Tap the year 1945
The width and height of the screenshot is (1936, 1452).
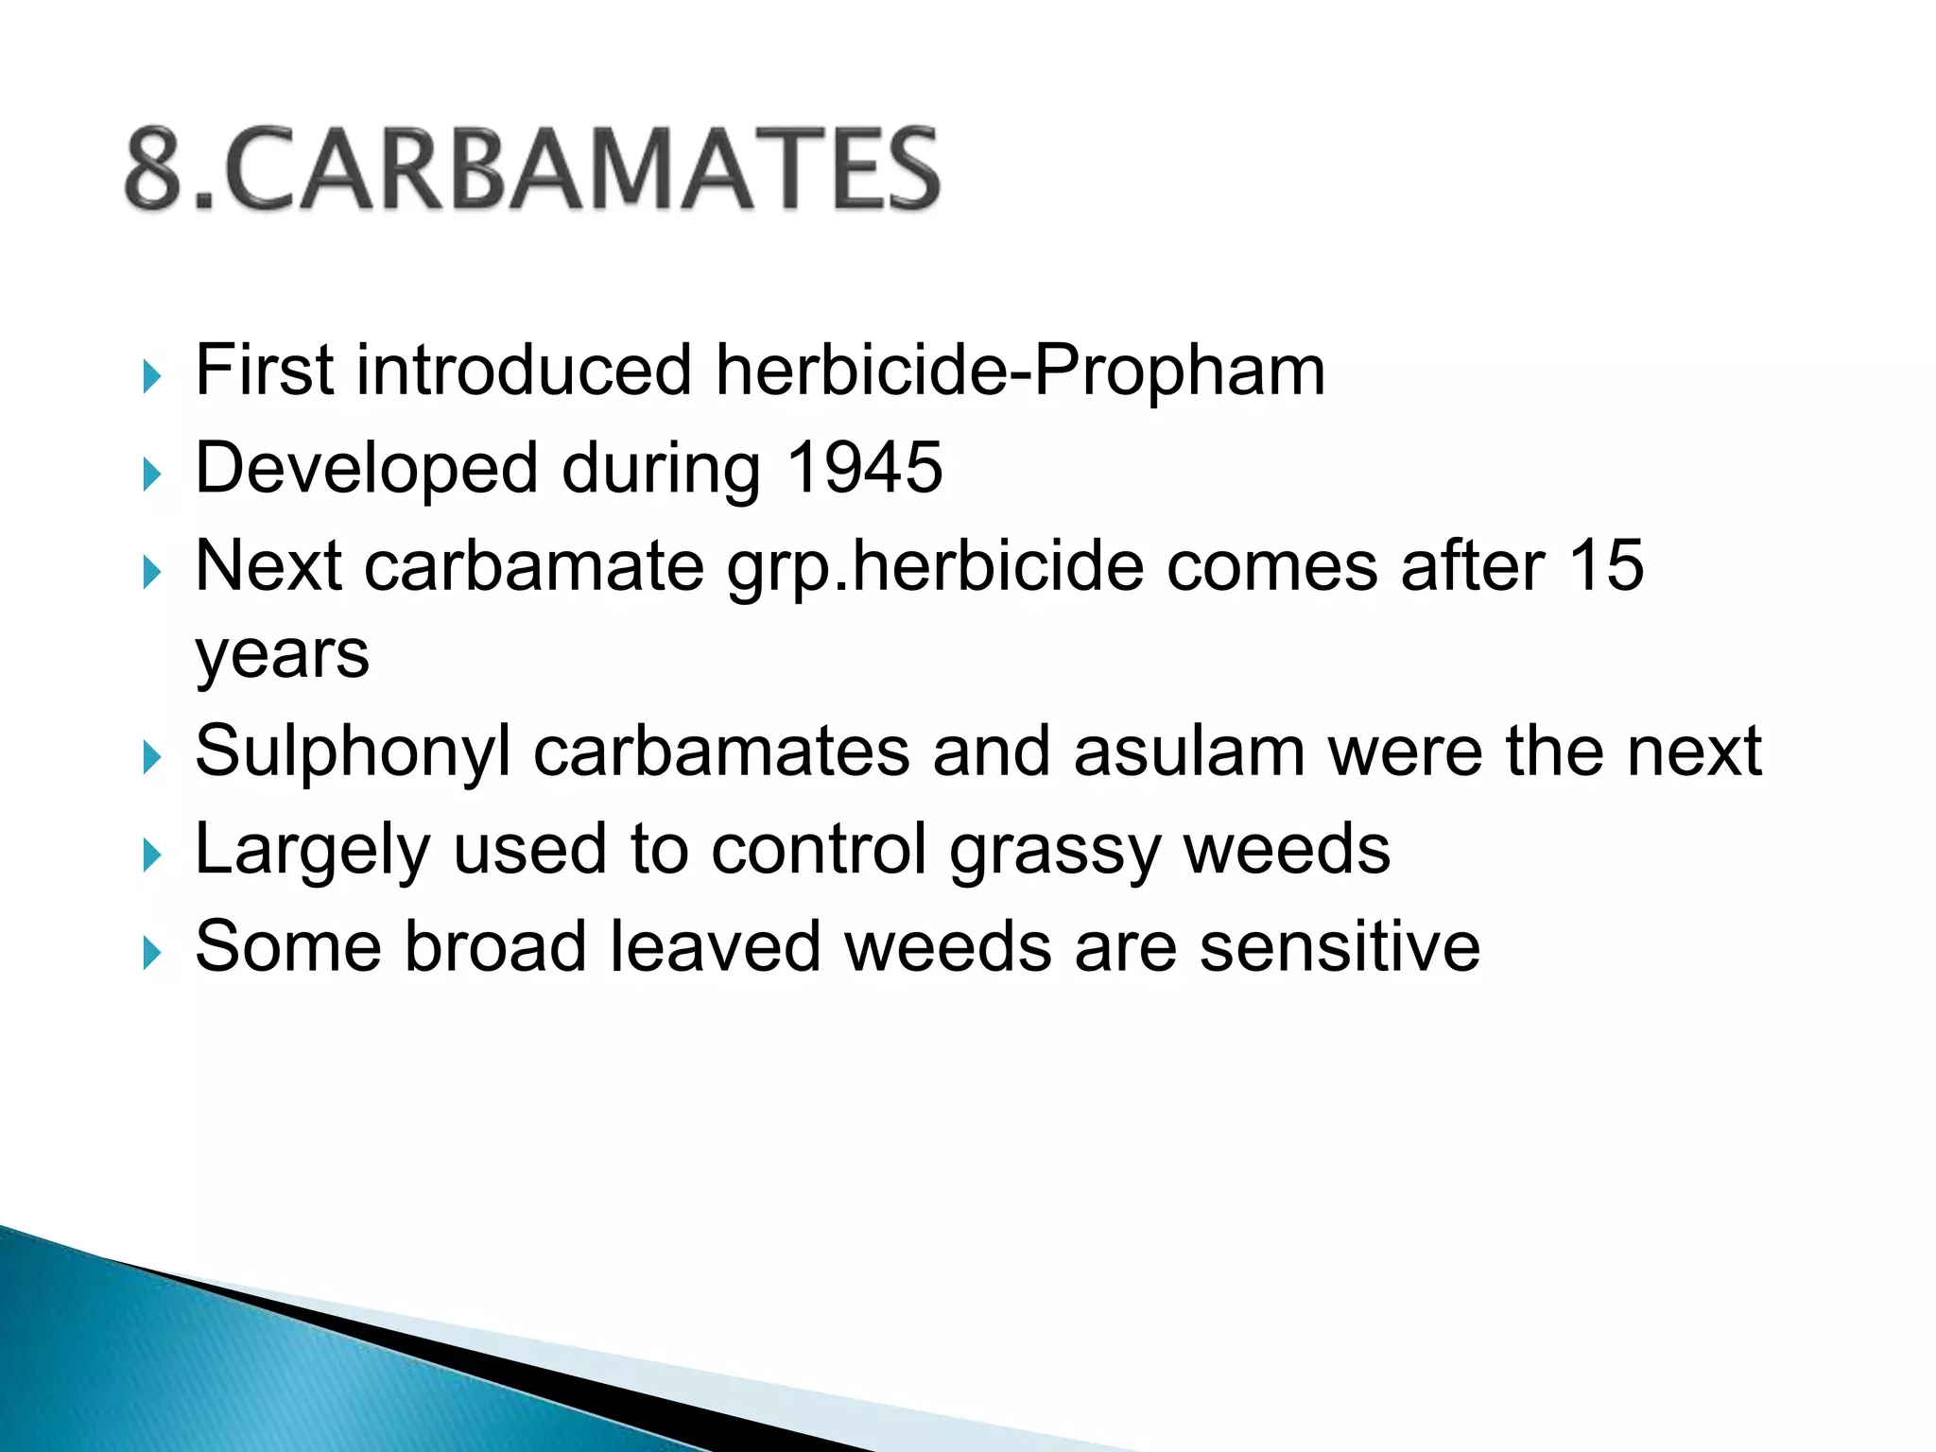pos(864,467)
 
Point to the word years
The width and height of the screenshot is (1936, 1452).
pos(282,655)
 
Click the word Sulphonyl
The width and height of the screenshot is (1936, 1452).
pos(353,752)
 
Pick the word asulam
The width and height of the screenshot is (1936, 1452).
pos(1188,752)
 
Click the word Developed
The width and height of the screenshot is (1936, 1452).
pos(366,467)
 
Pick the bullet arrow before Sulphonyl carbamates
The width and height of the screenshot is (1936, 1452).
pos(151,757)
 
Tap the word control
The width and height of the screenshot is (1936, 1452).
pos(819,850)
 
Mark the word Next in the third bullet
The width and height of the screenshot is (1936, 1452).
pos(268,565)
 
